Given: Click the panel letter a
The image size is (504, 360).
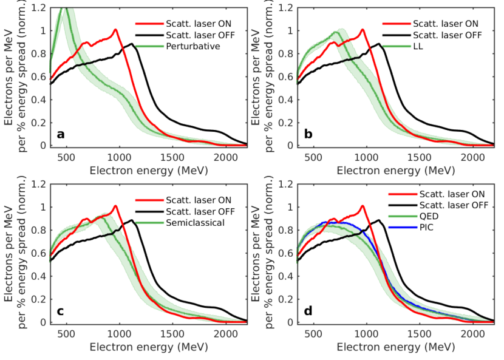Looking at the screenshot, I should pyautogui.click(x=61, y=134).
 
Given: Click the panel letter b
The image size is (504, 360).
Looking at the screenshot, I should pyautogui.click(x=308, y=134).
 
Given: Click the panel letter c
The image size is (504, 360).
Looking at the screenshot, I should pyautogui.click(x=61, y=310).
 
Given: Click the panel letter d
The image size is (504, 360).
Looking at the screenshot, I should pyautogui.click(x=308, y=310).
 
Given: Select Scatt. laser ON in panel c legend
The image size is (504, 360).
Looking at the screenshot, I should pyautogui.click(x=199, y=200).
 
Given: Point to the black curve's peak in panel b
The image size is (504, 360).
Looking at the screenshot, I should pyautogui.click(x=379, y=43).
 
